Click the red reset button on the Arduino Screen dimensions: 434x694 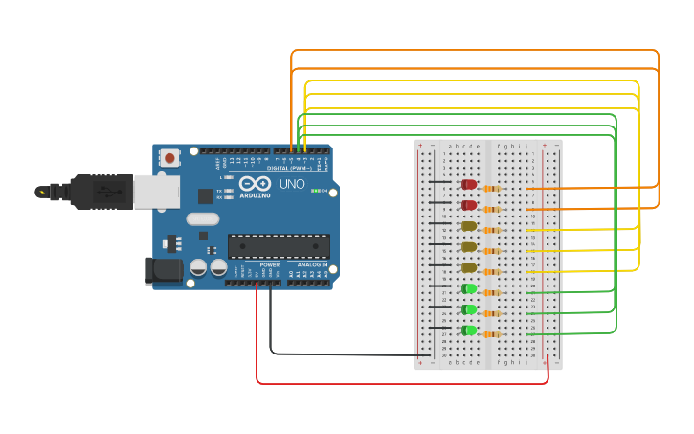pyautogui.click(x=169, y=157)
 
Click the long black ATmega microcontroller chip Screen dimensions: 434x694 pyautogui.click(x=279, y=246)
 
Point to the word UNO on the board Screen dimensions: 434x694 pyautogui.click(x=291, y=184)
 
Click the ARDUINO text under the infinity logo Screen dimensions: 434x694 pyautogui.click(x=256, y=195)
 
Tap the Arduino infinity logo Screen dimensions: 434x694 pyautogui.click(x=256, y=183)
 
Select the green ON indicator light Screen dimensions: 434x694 pyautogui.click(x=316, y=191)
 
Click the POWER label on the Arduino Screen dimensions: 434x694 pyautogui.click(x=270, y=264)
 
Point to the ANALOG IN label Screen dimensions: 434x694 pyautogui.click(x=310, y=264)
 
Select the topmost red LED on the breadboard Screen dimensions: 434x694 pyautogui.click(x=469, y=184)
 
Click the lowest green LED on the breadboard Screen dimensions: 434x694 pyautogui.click(x=469, y=331)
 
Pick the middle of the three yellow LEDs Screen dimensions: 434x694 pyautogui.click(x=469, y=247)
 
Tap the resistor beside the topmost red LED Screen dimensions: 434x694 pyautogui.click(x=492, y=188)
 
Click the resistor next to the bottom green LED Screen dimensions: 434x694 pyautogui.click(x=492, y=334)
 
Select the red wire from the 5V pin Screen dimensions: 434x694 pyautogui.click(x=402, y=384)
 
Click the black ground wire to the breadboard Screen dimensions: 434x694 pyautogui.click(x=345, y=354)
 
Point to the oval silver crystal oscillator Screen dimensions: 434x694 pyautogui.click(x=203, y=218)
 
